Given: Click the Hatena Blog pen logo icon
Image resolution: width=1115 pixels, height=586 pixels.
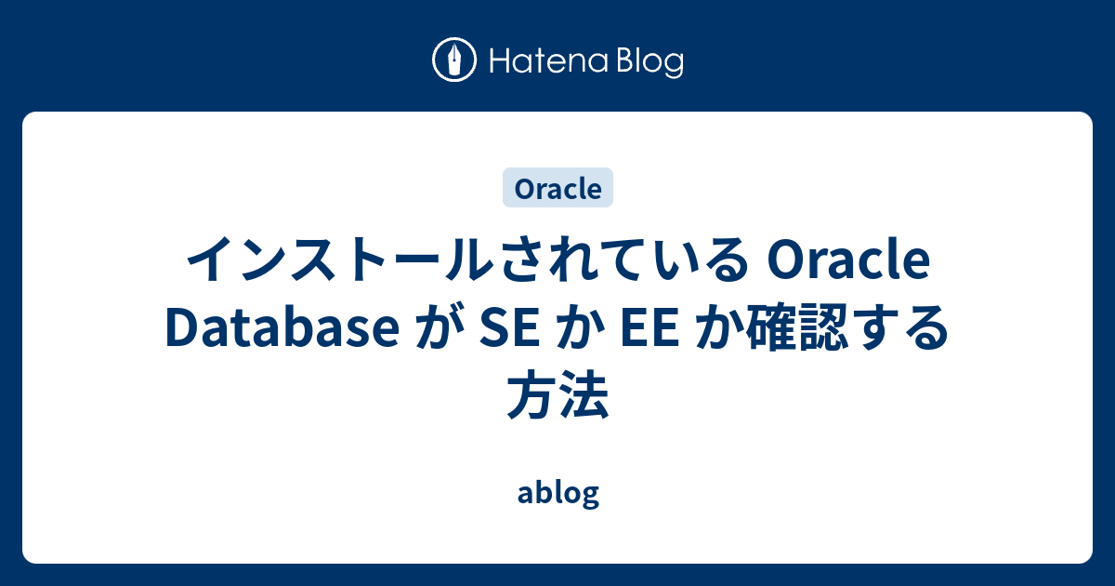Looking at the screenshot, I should coord(455,60).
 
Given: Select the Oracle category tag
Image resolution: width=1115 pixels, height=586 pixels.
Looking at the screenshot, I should coord(557,188).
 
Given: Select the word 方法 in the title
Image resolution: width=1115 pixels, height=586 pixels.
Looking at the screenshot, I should coord(557,397).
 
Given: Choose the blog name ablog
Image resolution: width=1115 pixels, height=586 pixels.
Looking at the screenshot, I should coord(557,493).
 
